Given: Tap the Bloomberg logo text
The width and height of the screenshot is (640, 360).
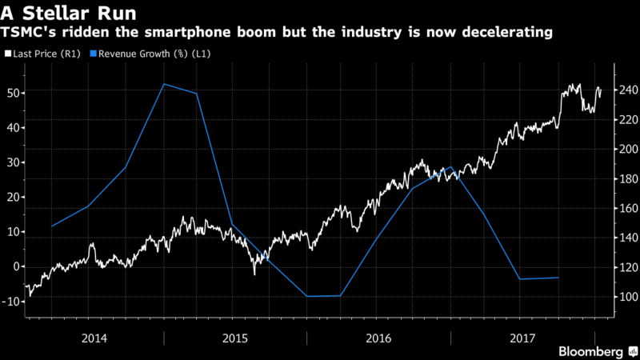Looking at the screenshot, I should (591, 351).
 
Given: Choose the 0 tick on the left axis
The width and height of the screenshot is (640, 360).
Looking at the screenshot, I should (16, 266).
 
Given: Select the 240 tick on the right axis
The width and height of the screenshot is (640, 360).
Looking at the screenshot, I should (623, 90).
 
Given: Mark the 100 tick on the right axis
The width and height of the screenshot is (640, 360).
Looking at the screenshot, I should (623, 297).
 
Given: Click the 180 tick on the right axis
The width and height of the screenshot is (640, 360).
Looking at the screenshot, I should (623, 178).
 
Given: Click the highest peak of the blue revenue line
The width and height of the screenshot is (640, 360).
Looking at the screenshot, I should (163, 84).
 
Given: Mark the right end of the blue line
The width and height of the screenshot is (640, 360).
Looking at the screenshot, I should (558, 278).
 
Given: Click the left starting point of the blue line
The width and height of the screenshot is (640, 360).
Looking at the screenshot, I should (52, 226).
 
